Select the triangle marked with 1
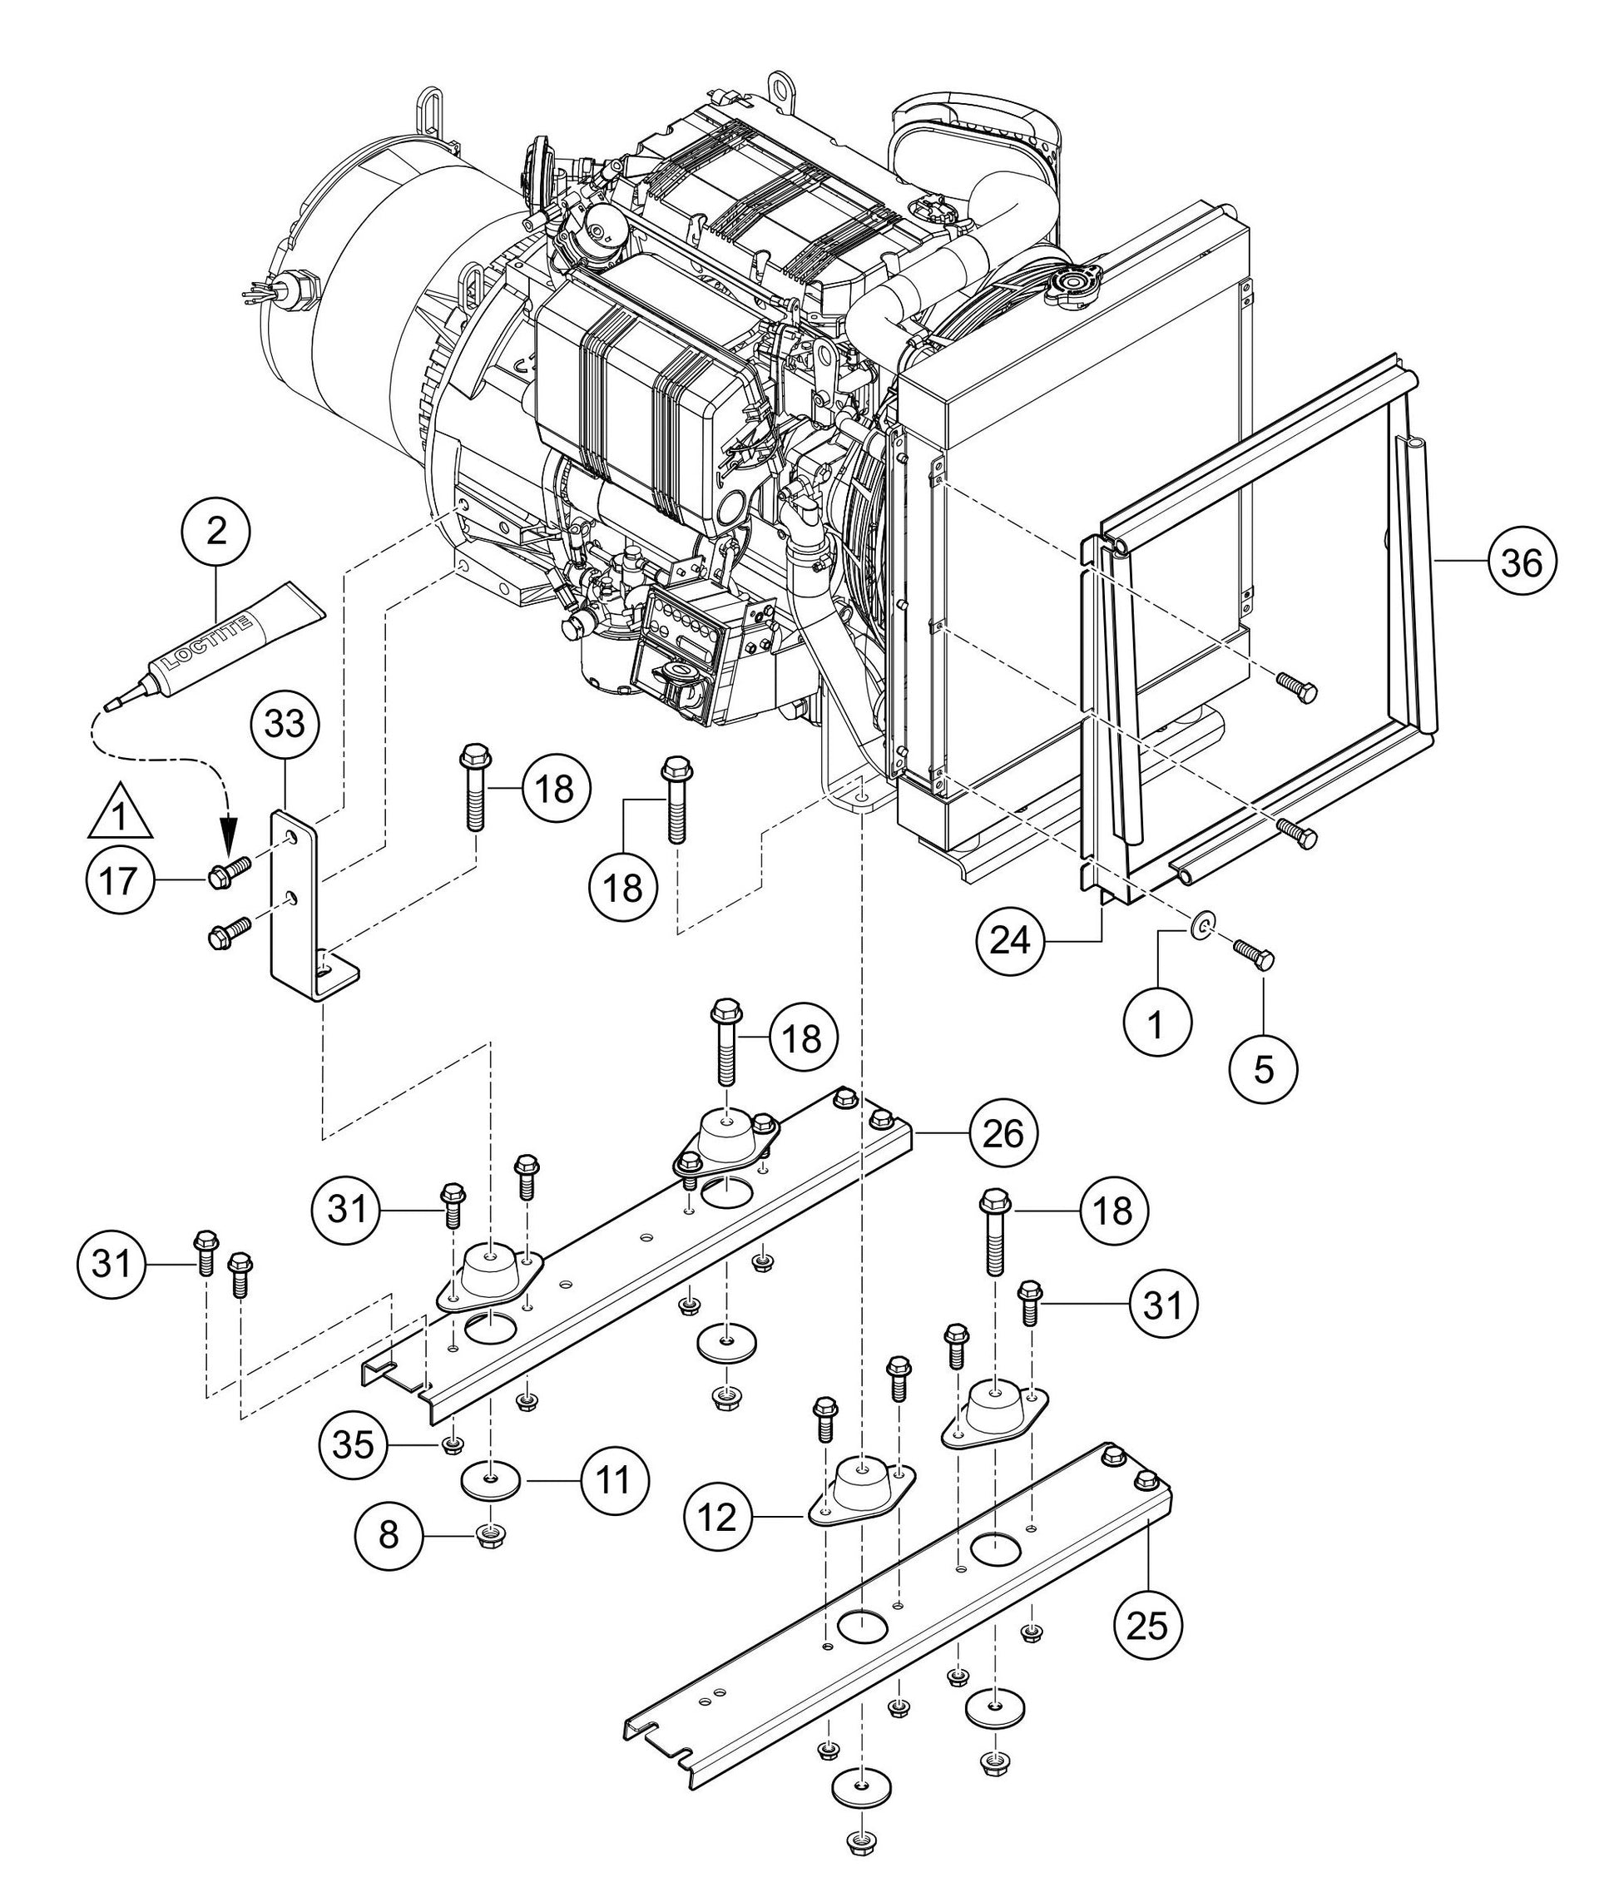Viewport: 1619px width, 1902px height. point(119,810)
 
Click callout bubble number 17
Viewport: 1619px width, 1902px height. point(118,880)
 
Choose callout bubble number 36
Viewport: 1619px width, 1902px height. point(1522,562)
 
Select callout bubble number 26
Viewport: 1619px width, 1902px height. point(1003,1134)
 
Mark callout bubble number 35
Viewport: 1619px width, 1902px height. point(354,1446)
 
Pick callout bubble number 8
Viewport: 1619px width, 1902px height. point(389,1534)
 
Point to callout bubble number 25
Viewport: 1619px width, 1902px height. point(1148,1626)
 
